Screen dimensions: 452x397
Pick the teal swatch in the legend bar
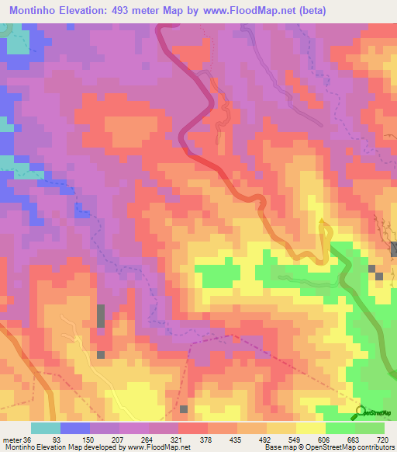pos(46,428)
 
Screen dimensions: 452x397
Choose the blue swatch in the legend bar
pos(75,428)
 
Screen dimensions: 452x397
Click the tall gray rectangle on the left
pos(101,317)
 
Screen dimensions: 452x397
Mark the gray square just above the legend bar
pos(184,409)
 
